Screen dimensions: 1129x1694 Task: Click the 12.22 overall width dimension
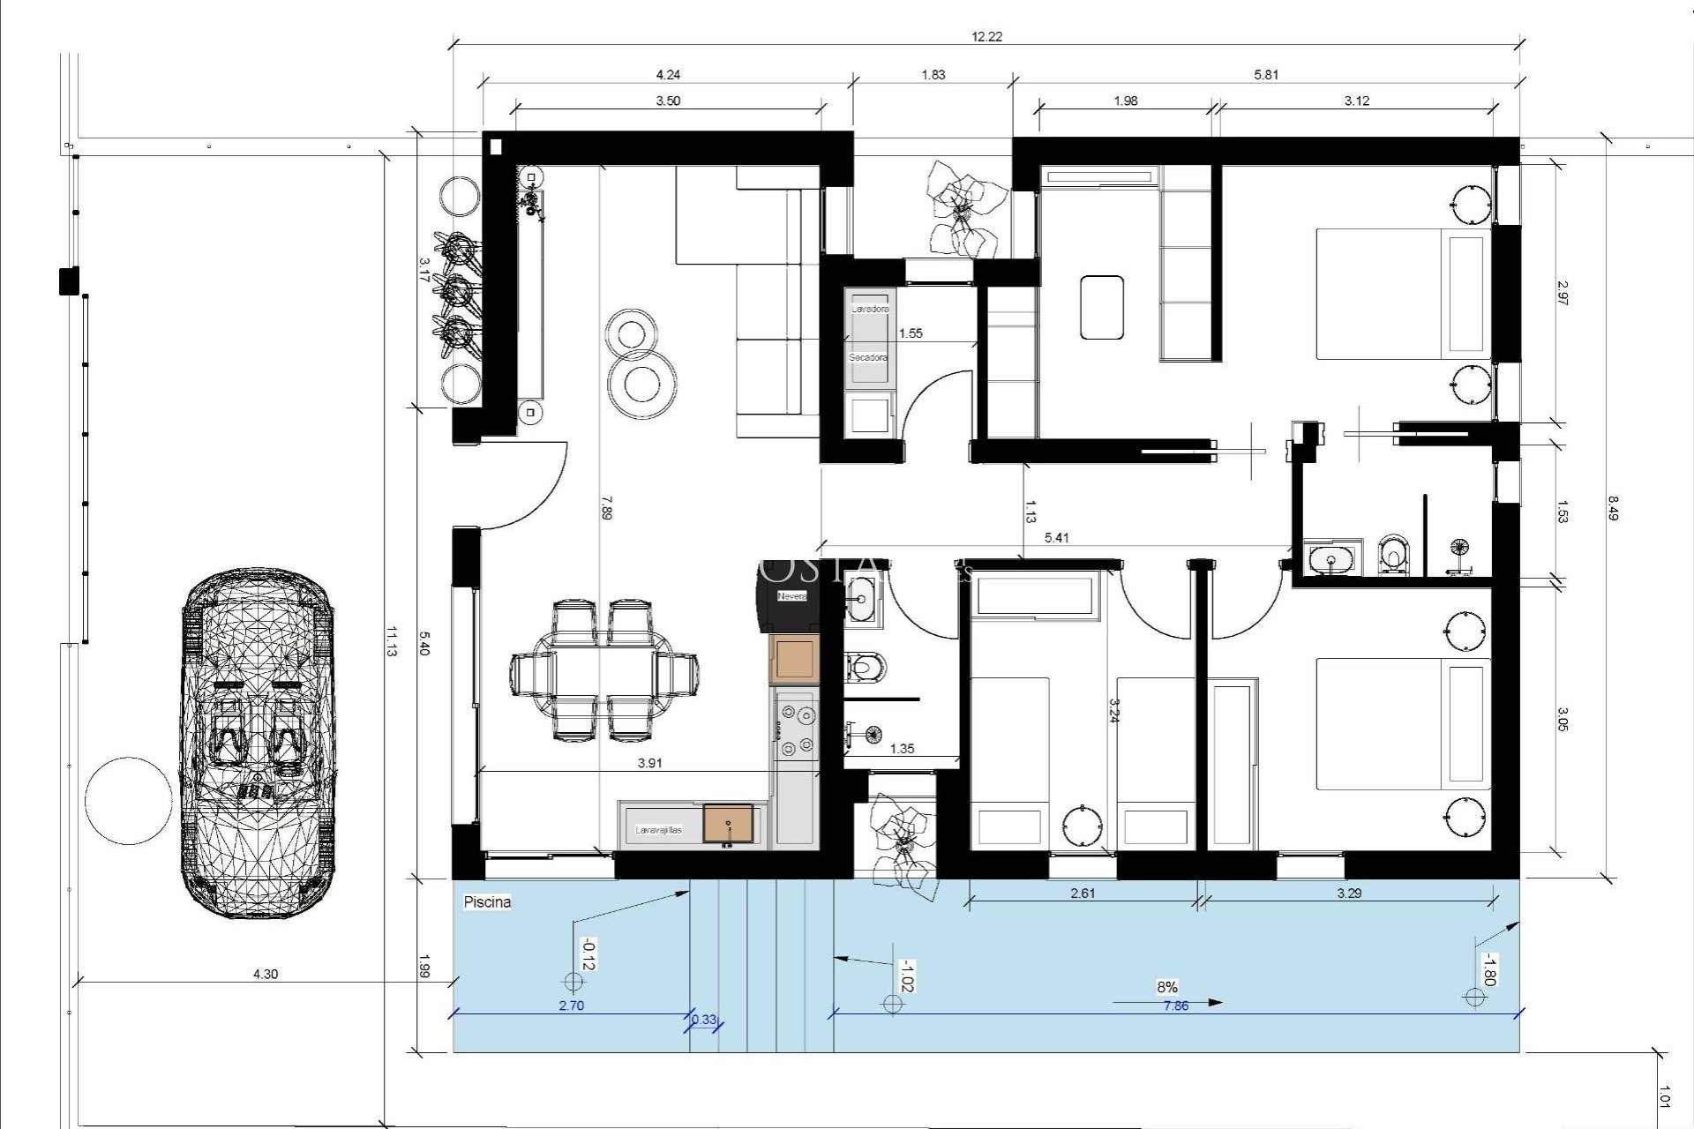986,37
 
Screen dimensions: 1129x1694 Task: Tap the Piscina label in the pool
487,902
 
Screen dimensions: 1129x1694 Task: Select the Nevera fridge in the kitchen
791,597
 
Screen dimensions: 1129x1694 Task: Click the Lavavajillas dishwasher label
659,830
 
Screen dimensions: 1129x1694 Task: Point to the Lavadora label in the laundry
870,310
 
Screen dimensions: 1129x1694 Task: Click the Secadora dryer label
868,358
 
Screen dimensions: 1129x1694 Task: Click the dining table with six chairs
604,670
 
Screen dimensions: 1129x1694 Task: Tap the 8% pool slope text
1167,987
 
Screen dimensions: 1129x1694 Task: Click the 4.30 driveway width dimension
266,975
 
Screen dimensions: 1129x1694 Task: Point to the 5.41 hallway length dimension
1056,538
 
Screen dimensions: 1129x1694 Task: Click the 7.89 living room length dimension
605,507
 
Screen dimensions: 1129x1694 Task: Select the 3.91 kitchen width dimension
649,764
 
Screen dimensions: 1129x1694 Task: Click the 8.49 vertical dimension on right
1612,509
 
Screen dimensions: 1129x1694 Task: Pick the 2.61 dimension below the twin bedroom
1083,893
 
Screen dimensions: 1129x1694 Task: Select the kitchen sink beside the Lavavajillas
729,823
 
